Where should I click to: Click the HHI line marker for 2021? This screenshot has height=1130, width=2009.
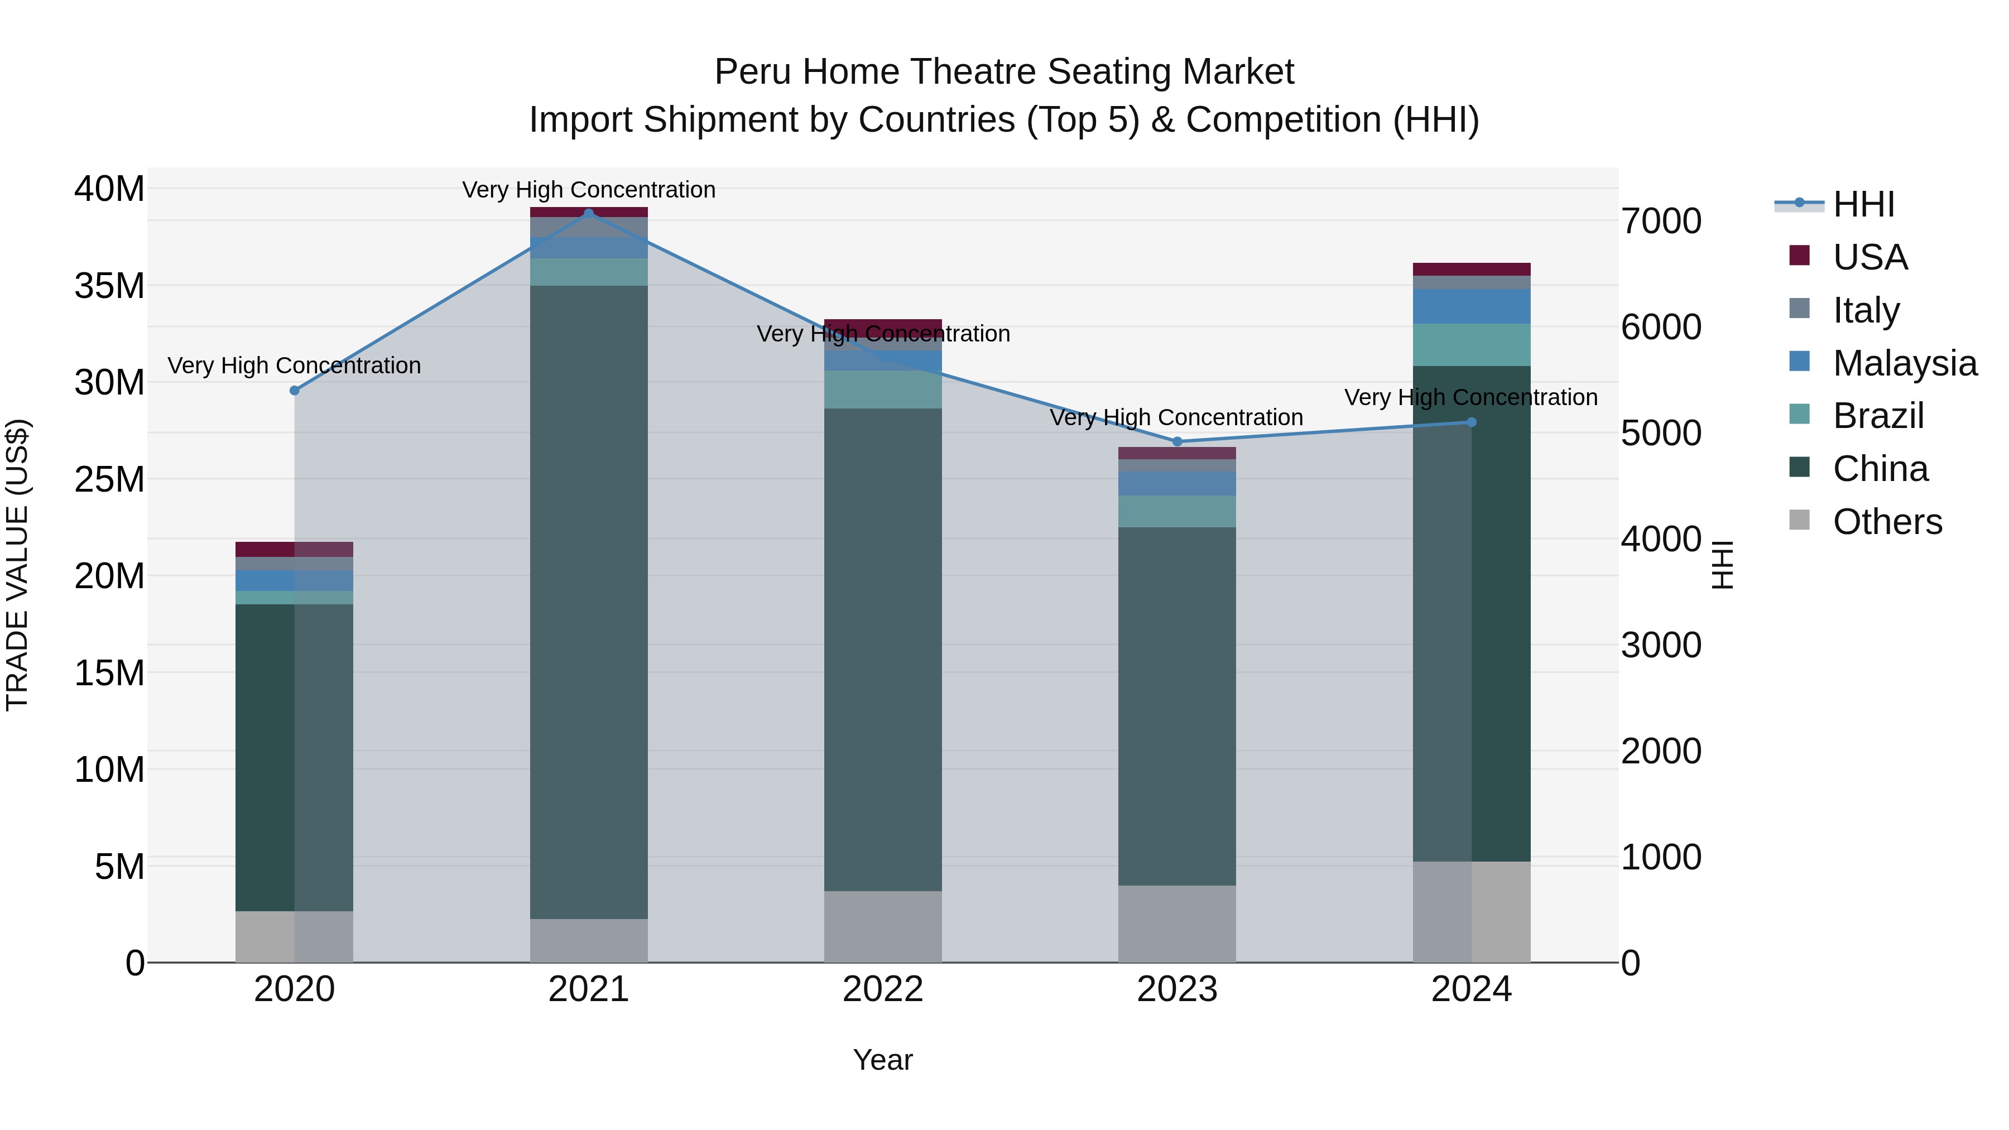(589, 213)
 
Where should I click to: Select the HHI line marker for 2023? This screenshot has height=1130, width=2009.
(1177, 441)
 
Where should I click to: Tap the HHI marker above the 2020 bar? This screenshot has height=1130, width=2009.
(295, 390)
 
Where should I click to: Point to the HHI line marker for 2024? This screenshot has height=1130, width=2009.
(1472, 422)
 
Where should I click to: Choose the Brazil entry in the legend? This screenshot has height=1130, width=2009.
(1877, 416)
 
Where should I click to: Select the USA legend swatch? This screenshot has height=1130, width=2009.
(1799, 256)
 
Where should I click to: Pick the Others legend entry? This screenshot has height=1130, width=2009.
(1887, 522)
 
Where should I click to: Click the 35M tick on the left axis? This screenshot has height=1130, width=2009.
(109, 285)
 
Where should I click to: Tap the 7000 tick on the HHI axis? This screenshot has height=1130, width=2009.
(1661, 222)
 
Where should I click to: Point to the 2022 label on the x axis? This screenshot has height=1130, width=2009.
(883, 989)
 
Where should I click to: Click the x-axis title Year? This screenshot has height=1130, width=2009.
(883, 1060)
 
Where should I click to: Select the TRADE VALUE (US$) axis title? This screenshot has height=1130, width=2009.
(17, 565)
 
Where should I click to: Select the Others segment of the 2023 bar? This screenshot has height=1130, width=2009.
(1177, 924)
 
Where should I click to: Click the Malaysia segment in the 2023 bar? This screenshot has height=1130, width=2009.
(1177, 483)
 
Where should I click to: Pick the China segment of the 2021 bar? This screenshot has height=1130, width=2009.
(589, 600)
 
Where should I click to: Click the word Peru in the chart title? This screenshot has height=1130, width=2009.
(753, 72)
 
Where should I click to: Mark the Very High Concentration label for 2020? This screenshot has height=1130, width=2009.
(294, 366)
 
